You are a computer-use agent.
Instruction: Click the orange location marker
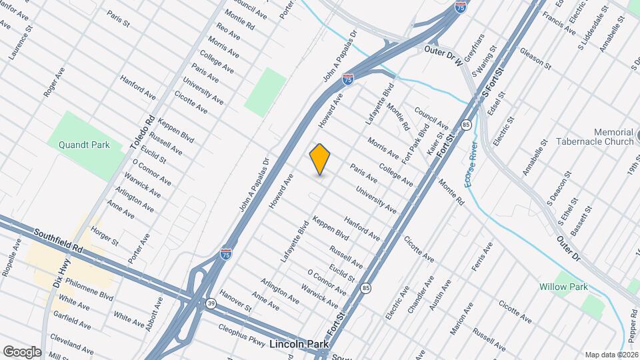tap(320, 159)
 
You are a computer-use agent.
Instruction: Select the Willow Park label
tap(563, 287)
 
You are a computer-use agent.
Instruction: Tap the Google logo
tap(22, 352)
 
